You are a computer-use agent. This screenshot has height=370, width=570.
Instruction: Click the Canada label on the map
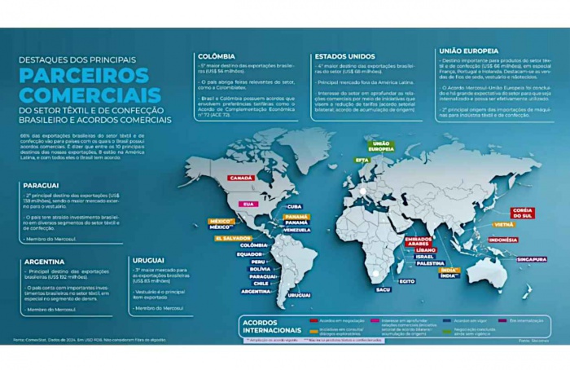(x=242, y=178)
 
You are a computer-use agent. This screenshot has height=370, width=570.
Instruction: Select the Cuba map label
(x=295, y=207)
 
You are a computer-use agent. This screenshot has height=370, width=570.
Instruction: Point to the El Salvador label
(x=233, y=239)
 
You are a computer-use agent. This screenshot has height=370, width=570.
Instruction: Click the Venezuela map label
(x=296, y=230)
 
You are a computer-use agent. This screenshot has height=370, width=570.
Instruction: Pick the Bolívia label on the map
(x=260, y=269)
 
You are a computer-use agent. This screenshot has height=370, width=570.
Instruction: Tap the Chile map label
(x=260, y=284)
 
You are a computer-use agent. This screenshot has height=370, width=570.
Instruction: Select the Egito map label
(x=406, y=281)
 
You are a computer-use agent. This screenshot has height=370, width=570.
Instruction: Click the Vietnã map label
(x=502, y=223)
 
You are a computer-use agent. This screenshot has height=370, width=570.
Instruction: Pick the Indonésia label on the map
(x=502, y=240)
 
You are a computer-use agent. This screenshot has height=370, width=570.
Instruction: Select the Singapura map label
(x=530, y=259)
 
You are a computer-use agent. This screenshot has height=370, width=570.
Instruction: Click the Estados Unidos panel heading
(x=344, y=57)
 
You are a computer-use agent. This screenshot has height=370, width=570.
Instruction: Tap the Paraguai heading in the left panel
(x=42, y=186)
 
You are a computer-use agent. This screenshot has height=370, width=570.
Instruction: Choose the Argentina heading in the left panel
(x=45, y=262)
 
